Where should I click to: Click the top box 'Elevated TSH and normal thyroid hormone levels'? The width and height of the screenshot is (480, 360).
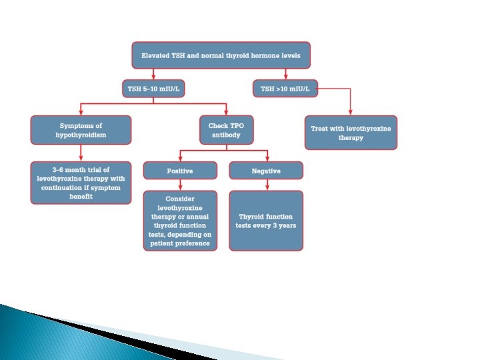[x=221, y=55]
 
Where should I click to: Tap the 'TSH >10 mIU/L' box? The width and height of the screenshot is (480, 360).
[x=285, y=88]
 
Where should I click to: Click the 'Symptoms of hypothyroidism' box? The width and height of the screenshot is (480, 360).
[x=81, y=130]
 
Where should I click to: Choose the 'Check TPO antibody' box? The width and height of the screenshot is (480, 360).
[x=227, y=130]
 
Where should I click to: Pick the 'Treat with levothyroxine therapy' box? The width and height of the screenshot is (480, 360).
[x=351, y=133]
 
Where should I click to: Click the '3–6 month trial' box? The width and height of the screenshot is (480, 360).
[x=81, y=183]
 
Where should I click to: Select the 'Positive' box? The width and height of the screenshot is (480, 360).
[x=180, y=171]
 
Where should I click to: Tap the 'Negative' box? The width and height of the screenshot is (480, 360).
[x=266, y=171]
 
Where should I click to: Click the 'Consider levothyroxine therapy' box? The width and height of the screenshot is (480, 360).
[x=180, y=221]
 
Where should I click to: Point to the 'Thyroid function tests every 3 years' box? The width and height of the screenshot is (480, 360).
[x=266, y=221]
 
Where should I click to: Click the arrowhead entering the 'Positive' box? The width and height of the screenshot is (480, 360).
[x=180, y=158]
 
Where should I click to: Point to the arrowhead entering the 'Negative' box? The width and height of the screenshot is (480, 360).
[x=266, y=158]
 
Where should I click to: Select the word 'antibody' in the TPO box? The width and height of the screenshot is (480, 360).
[x=227, y=135]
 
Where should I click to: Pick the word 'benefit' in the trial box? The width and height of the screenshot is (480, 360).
[x=81, y=197]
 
